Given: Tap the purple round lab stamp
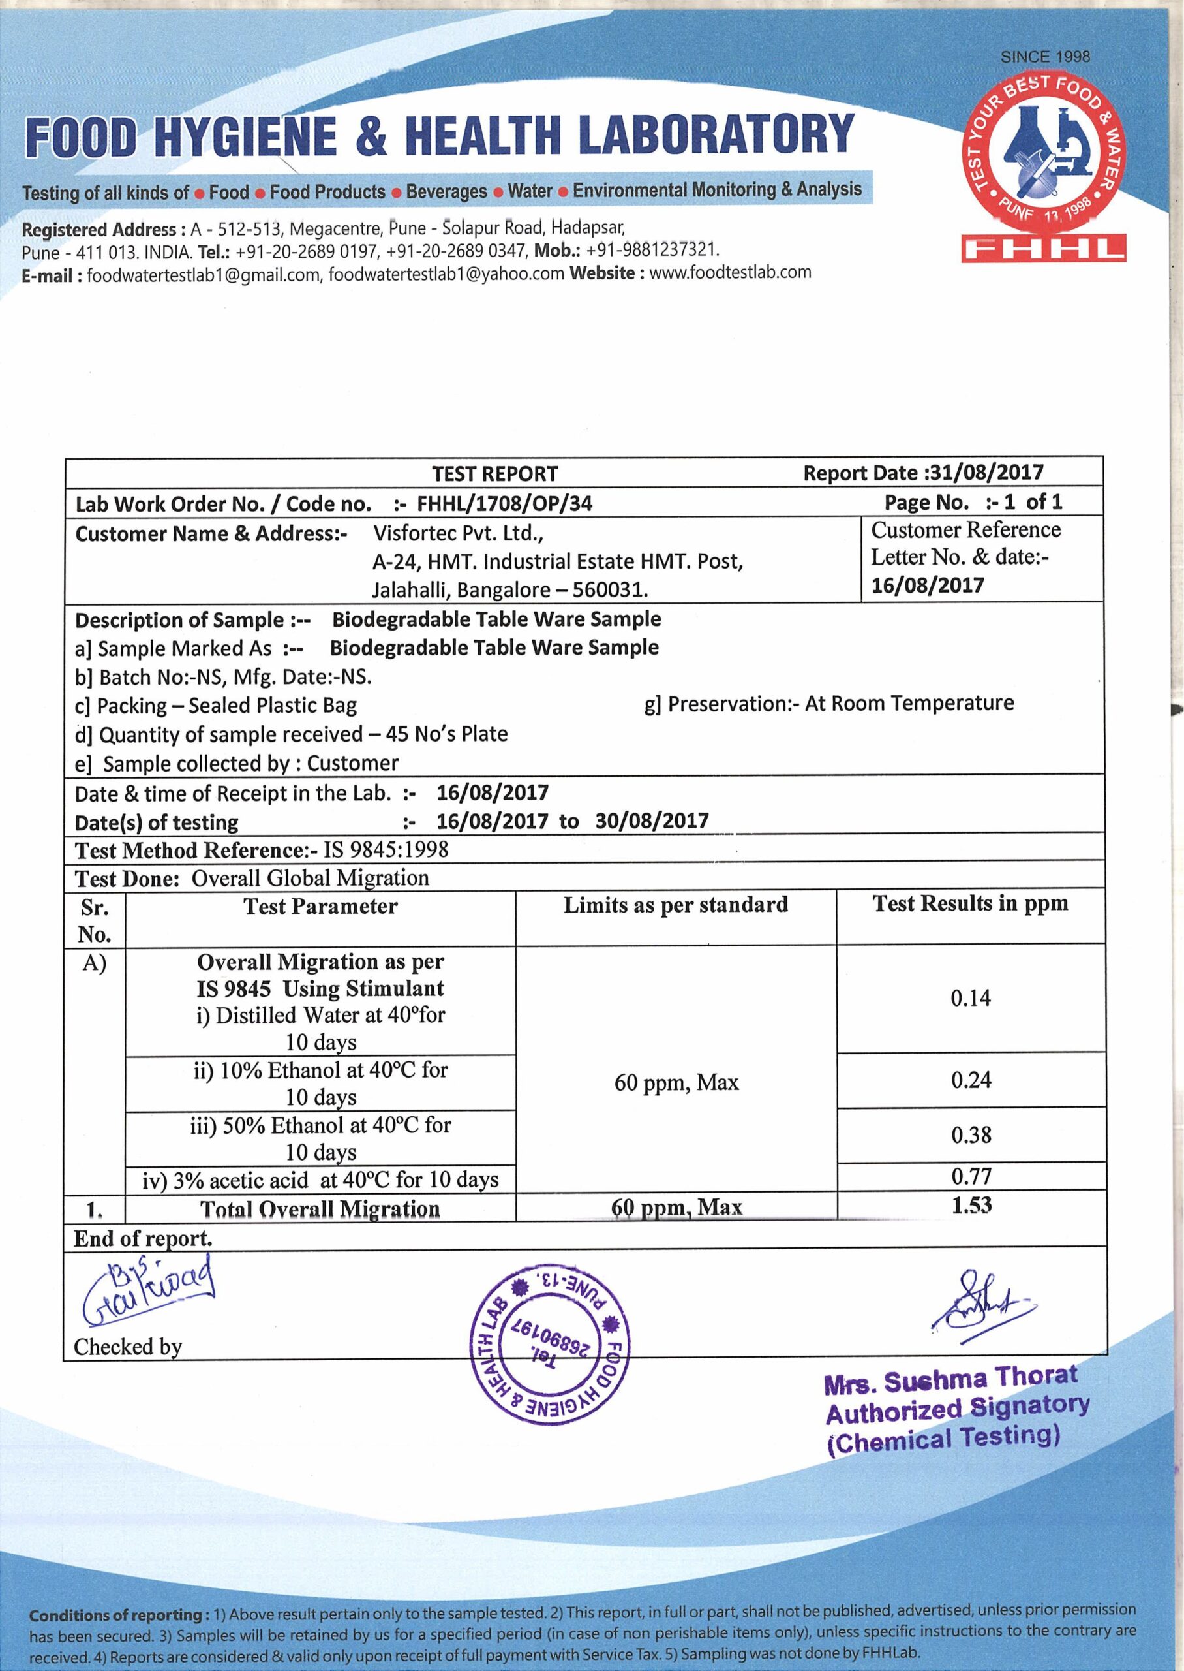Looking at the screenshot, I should pyautogui.click(x=551, y=1343).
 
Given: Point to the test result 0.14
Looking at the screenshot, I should pyautogui.click(x=971, y=998).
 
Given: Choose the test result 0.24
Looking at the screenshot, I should pyautogui.click(x=971, y=1080).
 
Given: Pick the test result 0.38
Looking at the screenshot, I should pyautogui.click(x=971, y=1135).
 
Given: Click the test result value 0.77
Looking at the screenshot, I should pyautogui.click(x=971, y=1176).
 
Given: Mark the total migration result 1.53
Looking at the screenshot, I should pyautogui.click(x=971, y=1205).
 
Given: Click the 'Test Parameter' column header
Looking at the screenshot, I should pyautogui.click(x=320, y=907).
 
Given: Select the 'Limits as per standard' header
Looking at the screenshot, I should pyautogui.click(x=675, y=905).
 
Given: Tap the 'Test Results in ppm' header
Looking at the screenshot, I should pyautogui.click(x=971, y=903).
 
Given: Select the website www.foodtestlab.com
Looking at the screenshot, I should pyautogui.click(x=729, y=273).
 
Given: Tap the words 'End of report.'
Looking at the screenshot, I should pyautogui.click(x=143, y=1238).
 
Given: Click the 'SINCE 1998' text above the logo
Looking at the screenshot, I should pyautogui.click(x=1045, y=57).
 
